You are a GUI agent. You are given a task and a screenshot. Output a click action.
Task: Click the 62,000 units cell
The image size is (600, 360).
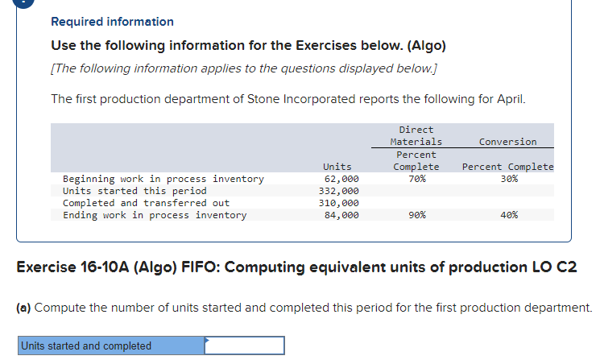pyautogui.click(x=341, y=179)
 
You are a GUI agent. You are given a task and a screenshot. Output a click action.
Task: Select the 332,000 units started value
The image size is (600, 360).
pyautogui.click(x=341, y=191)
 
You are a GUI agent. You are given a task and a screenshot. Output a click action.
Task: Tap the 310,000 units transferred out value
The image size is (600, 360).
pyautogui.click(x=341, y=203)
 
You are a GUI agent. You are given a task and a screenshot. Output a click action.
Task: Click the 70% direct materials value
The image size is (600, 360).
pyautogui.click(x=416, y=179)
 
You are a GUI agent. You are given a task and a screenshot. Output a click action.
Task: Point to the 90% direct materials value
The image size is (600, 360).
pyautogui.click(x=416, y=215)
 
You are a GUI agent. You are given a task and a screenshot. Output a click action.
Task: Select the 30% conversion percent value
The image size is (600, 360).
pyautogui.click(x=508, y=179)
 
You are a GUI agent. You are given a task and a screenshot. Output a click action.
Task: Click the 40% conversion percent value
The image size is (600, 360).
pyautogui.click(x=508, y=215)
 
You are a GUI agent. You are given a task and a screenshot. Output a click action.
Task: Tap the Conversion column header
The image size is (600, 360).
pyautogui.click(x=507, y=142)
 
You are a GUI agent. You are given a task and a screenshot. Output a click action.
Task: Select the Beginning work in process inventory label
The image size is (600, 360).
pyautogui.click(x=163, y=179)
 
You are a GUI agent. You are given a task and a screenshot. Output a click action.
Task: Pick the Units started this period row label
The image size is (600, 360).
pyautogui.click(x=134, y=191)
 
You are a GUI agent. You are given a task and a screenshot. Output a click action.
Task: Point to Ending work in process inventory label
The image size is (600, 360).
pyautogui.click(x=155, y=215)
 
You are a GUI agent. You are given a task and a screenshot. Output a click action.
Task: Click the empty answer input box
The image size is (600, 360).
pyautogui.click(x=245, y=346)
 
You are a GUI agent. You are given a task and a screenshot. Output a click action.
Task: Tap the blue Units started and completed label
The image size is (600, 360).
pyautogui.click(x=86, y=346)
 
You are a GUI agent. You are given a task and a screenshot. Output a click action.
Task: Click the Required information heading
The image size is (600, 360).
pyautogui.click(x=112, y=22)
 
